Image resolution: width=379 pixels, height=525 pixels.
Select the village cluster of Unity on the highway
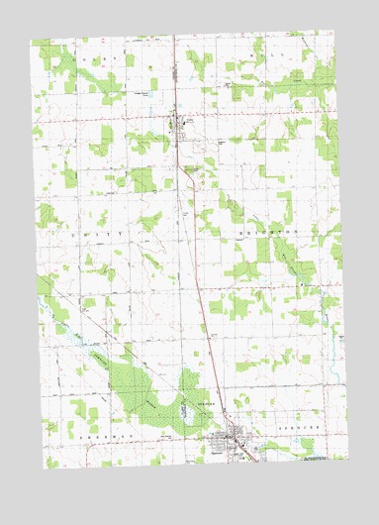pos(180,124)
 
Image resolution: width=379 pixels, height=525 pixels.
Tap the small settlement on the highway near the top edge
pos(177,72)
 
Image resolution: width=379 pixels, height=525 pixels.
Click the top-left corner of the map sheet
pos(31,41)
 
